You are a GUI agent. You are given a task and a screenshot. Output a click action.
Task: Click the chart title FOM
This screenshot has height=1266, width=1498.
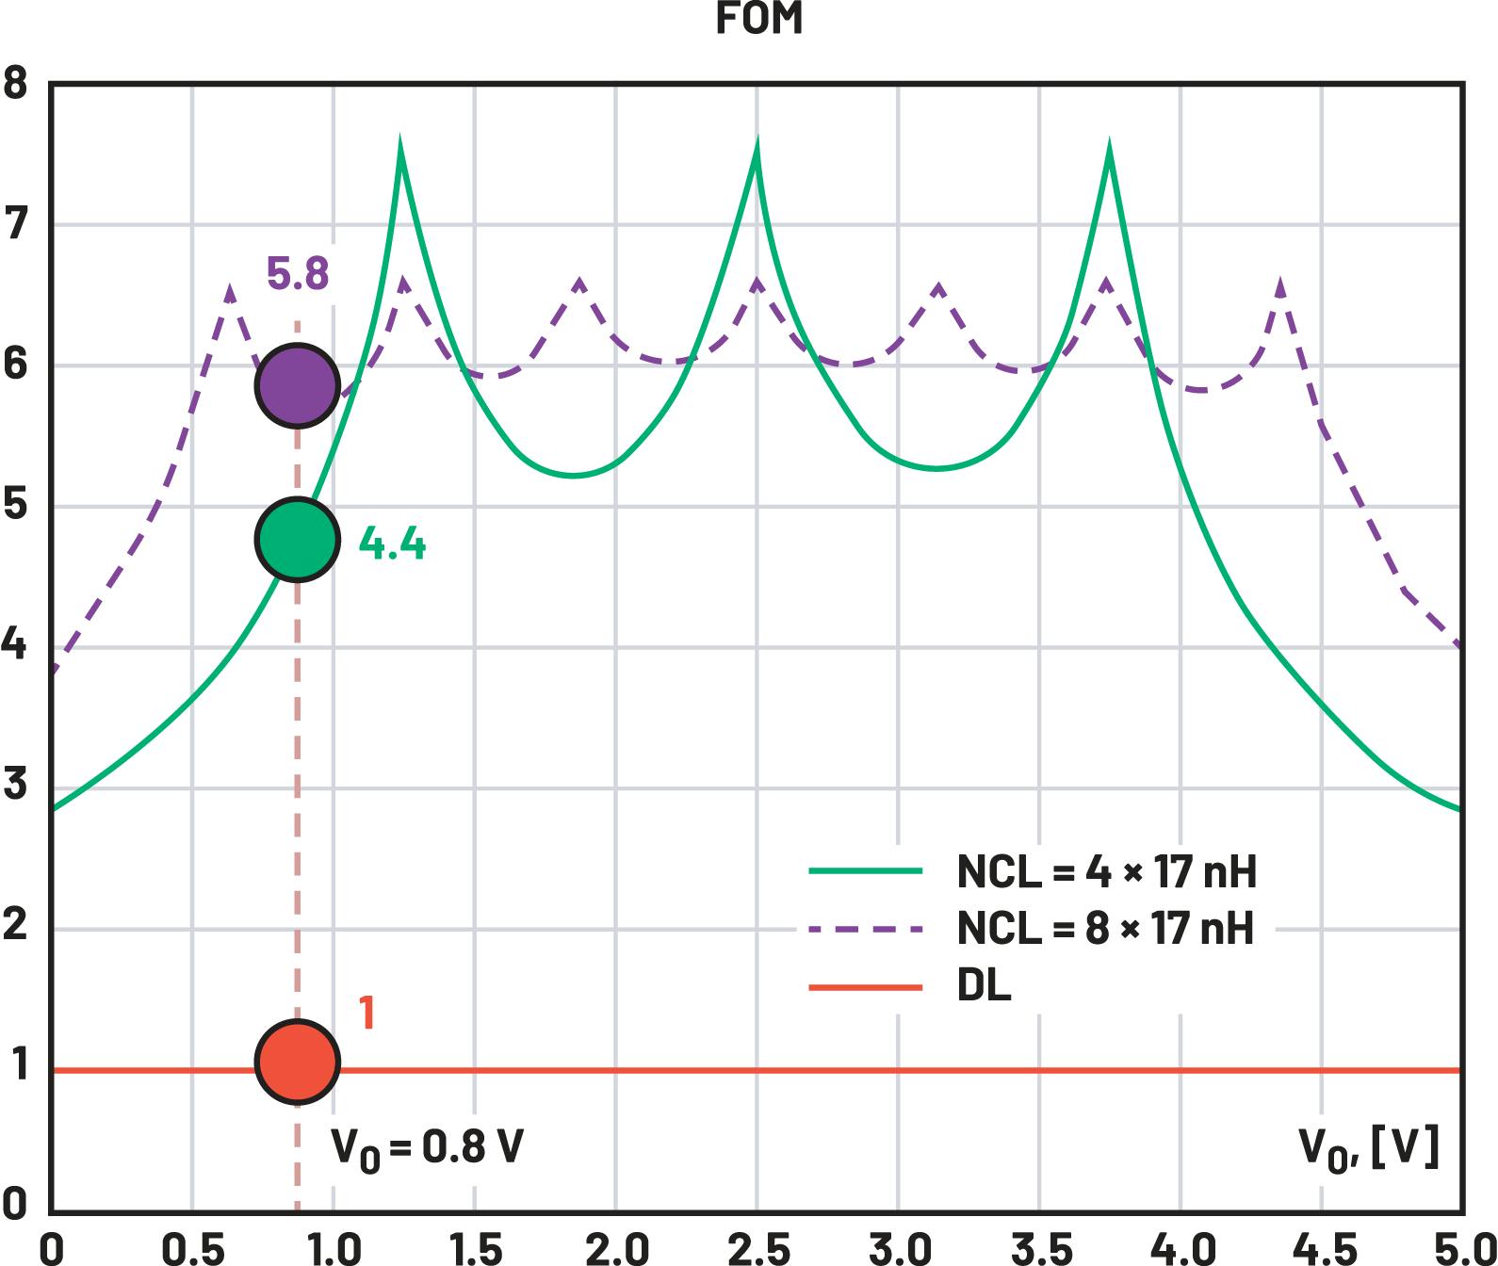pyautogui.click(x=758, y=19)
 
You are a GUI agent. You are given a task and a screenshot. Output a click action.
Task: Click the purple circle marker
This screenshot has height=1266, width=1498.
pyautogui.click(x=298, y=385)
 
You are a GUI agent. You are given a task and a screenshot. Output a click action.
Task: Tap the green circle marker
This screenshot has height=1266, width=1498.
pyautogui.click(x=298, y=539)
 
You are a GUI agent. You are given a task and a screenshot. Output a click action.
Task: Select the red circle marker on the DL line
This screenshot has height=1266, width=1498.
pyautogui.click(x=298, y=1062)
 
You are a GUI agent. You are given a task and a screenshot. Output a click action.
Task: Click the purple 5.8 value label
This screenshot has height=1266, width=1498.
pyautogui.click(x=298, y=275)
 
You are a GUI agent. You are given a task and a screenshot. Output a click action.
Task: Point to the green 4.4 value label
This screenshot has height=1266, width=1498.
pyautogui.click(x=392, y=545)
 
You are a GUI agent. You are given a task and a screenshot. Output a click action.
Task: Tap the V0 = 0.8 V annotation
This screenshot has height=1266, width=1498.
pyautogui.click(x=426, y=1149)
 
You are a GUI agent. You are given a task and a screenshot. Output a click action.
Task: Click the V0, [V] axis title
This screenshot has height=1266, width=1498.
pyautogui.click(x=1368, y=1149)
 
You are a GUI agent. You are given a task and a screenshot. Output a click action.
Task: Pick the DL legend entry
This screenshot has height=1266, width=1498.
pyautogui.click(x=984, y=987)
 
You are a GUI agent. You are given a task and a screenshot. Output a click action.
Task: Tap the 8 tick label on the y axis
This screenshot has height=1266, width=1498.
pyautogui.click(x=16, y=84)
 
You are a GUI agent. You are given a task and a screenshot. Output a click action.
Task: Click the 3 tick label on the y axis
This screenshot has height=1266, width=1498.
pyautogui.click(x=16, y=786)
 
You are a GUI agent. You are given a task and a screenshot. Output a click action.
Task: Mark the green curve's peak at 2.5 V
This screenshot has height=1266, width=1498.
pyautogui.click(x=757, y=144)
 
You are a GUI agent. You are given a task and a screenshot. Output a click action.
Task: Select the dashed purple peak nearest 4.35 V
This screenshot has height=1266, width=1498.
pyautogui.click(x=1280, y=282)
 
